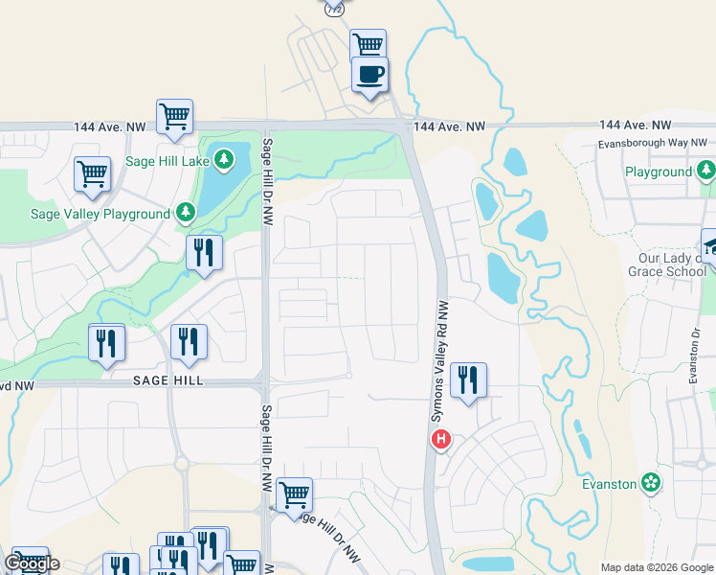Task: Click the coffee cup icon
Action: click(369, 75)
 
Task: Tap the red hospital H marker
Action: click(441, 440)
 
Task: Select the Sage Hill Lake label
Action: click(168, 161)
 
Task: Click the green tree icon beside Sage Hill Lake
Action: click(224, 159)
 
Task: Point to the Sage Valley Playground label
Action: click(100, 214)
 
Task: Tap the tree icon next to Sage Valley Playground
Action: click(185, 212)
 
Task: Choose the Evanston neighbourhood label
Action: click(610, 484)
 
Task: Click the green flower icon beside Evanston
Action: click(652, 483)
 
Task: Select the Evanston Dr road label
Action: click(696, 354)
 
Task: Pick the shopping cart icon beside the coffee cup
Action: click(367, 44)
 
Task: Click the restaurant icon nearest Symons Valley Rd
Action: click(468, 379)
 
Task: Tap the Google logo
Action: click(32, 563)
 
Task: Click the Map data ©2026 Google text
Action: click(657, 567)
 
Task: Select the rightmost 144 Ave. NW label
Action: click(636, 126)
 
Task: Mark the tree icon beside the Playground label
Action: click(706, 172)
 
